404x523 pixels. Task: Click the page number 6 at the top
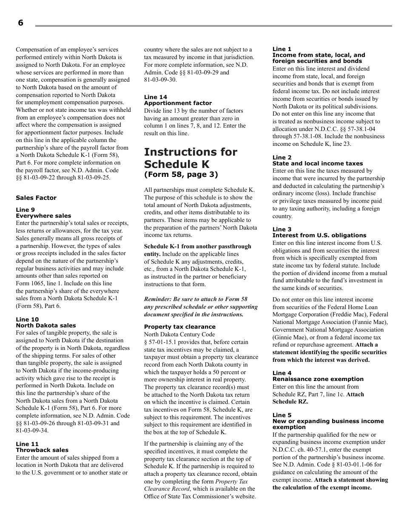click(20, 23)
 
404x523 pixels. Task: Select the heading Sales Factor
click(36, 198)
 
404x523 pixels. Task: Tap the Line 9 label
click(25, 210)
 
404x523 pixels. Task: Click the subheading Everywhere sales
click(43, 216)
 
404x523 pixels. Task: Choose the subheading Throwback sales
click(42, 450)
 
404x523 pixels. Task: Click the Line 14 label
click(156, 97)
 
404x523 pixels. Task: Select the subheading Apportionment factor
click(178, 103)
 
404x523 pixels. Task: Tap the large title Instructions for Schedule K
click(191, 158)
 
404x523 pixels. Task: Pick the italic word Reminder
click(158, 299)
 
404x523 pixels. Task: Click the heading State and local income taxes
click(318, 163)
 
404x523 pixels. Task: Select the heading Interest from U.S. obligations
click(319, 235)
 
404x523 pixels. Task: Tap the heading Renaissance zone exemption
click(318, 379)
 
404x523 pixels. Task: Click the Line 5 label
click(282, 415)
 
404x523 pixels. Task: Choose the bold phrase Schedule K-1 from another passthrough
click(197, 247)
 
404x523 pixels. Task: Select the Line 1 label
click(282, 49)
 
